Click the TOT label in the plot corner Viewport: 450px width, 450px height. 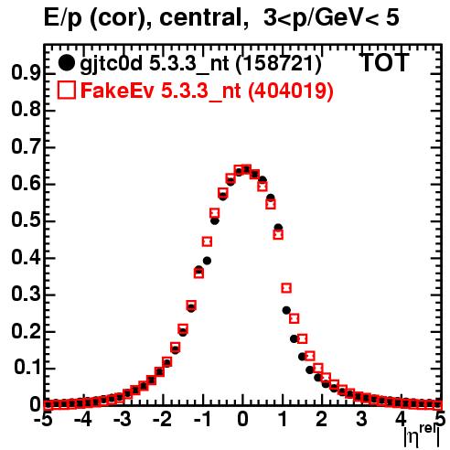tap(384, 62)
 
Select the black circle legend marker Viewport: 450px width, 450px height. tap(66, 63)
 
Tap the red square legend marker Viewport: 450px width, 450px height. tap(66, 90)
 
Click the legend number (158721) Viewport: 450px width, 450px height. tap(278, 63)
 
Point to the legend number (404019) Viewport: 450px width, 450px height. tap(290, 91)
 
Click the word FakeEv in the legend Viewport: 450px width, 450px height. tap(117, 91)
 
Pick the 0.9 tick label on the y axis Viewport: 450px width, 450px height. tap(27, 73)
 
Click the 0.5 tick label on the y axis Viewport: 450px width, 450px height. tap(27, 221)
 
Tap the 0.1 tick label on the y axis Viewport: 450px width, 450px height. tap(27, 368)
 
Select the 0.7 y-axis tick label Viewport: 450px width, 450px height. tap(27, 147)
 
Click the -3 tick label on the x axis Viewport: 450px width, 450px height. tap(122, 419)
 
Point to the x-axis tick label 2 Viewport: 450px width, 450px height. tap(322, 419)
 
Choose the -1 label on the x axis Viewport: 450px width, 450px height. tap(201, 419)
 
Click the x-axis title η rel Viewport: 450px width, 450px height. tap(422, 436)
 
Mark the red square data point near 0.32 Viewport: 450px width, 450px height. tap(286, 288)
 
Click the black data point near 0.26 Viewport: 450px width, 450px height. tap(286, 310)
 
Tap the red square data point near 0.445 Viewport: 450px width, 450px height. tap(207, 241)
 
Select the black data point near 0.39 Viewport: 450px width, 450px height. tap(207, 261)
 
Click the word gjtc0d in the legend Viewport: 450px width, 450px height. tap(112, 64)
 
